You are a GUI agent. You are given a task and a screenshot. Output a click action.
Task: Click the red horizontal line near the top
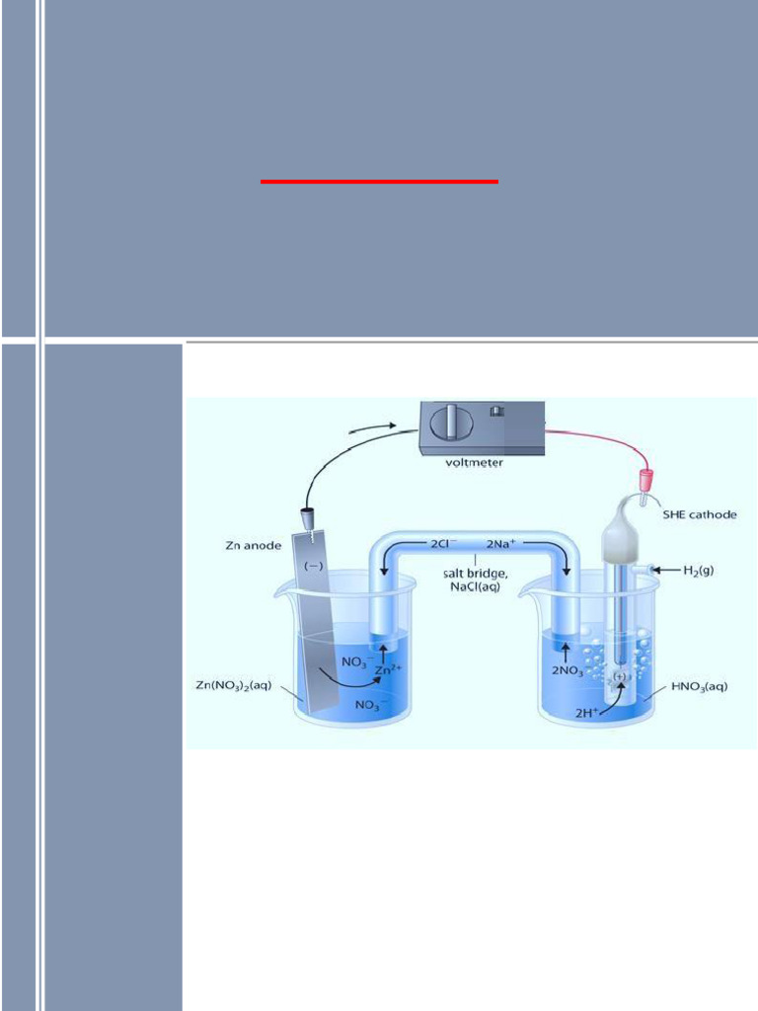(x=379, y=182)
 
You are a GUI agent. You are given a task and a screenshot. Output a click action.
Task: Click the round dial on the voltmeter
(x=451, y=423)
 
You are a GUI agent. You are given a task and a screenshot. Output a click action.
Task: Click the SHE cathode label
(x=700, y=514)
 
